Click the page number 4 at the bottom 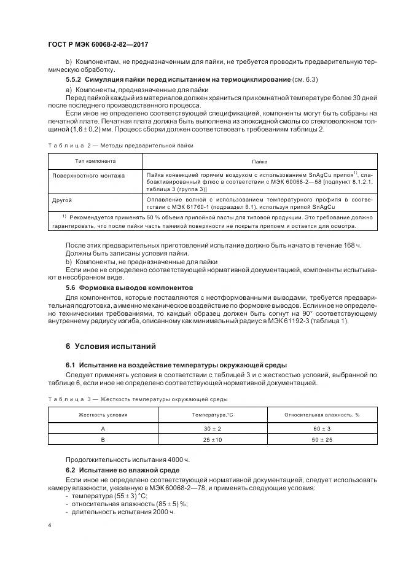tap(50, 525)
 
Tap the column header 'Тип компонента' tap(95, 162)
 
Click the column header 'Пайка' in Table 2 tap(259, 162)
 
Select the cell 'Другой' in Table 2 tap(62, 200)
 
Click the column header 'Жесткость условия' tap(103, 415)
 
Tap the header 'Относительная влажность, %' tap(322, 415)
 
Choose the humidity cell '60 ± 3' tap(322, 428)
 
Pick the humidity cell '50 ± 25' tap(322, 440)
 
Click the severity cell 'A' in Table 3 tap(103, 428)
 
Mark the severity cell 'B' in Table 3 tap(103, 440)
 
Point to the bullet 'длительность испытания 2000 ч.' tap(123, 511)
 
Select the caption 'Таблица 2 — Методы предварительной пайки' tap(120, 146)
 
